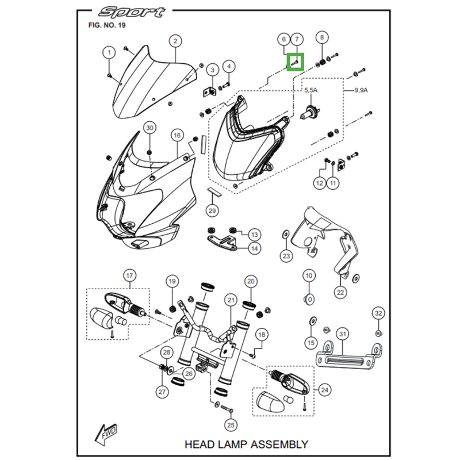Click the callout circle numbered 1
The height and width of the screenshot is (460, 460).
(108, 53)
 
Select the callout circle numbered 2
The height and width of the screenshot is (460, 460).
(175, 41)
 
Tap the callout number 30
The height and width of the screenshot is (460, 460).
(149, 127)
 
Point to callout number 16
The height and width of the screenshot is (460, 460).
(177, 135)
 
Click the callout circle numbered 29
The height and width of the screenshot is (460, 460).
(212, 211)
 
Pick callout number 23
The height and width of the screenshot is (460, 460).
(286, 255)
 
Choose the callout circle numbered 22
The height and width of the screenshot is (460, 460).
(340, 292)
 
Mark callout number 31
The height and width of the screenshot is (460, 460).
(343, 334)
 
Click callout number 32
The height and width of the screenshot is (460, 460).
(378, 313)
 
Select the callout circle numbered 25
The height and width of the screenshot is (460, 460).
(231, 425)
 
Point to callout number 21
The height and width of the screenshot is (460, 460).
(231, 300)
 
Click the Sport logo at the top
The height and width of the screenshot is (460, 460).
(131, 12)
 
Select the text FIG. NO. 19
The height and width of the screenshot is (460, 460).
(106, 25)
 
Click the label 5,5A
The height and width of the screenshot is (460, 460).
(310, 90)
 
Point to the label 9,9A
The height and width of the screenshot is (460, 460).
(361, 90)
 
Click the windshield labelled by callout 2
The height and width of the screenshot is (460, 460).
(149, 86)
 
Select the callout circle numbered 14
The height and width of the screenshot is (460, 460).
(254, 248)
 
